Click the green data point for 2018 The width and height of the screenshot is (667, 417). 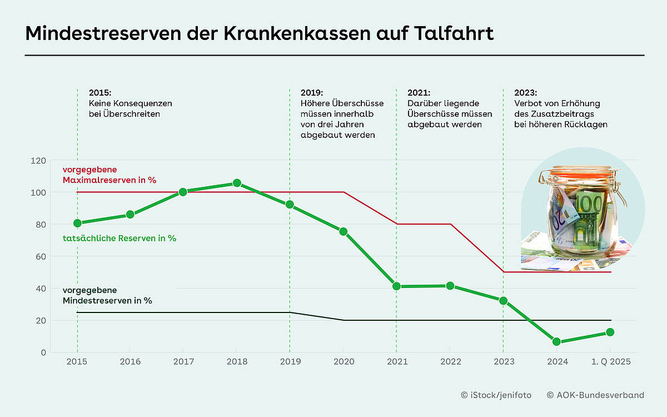tap(237, 183)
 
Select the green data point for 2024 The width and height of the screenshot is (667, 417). tap(557, 342)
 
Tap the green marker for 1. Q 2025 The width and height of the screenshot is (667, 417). tap(610, 332)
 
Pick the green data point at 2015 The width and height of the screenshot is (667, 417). tap(77, 223)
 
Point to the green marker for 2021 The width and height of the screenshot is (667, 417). tap(396, 286)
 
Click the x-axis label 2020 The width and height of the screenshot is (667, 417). tap(344, 362)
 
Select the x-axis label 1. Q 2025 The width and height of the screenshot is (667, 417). tap(610, 362)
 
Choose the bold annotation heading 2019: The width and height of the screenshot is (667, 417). tap(312, 93)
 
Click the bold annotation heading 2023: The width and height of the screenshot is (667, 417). tap(525, 93)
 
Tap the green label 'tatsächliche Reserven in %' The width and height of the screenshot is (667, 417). tap(120, 238)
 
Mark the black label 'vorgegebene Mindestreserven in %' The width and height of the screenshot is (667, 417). tap(107, 295)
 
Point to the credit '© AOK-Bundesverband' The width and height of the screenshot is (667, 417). tap(595, 395)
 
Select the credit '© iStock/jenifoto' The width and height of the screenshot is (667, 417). tap(496, 395)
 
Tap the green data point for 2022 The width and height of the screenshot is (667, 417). tap(450, 286)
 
